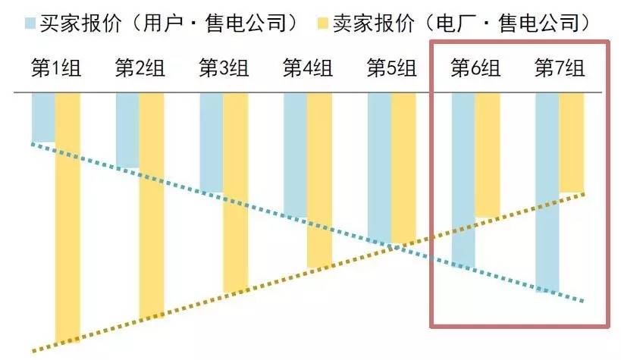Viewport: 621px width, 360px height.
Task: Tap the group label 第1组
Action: tap(55, 68)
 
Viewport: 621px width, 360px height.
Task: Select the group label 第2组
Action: tap(140, 68)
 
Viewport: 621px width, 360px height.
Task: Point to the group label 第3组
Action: tap(224, 68)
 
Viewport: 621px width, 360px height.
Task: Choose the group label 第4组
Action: tap(308, 68)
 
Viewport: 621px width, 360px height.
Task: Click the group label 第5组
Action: tap(392, 68)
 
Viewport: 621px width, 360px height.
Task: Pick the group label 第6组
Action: tap(475, 68)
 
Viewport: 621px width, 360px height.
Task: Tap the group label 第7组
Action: tap(560, 68)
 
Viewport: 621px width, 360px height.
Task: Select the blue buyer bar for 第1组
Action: tap(43, 117)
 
